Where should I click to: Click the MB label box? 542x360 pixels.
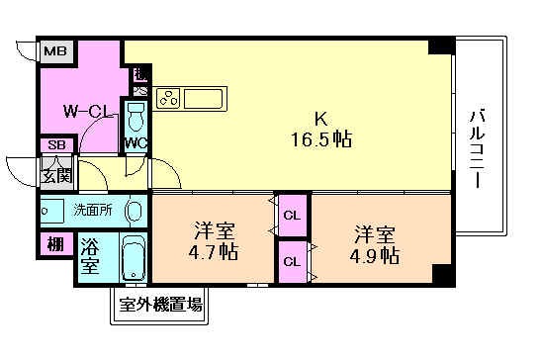(x=54, y=50)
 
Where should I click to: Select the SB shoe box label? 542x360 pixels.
(x=55, y=145)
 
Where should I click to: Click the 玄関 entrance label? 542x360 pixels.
(x=55, y=178)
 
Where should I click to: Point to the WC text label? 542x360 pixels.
(x=135, y=141)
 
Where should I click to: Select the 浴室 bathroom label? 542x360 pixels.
(x=89, y=256)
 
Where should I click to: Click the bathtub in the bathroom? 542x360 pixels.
(x=132, y=260)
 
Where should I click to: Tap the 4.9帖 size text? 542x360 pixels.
(x=375, y=256)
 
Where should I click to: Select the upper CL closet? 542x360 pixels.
(x=293, y=215)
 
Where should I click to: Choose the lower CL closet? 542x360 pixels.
(x=293, y=262)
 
